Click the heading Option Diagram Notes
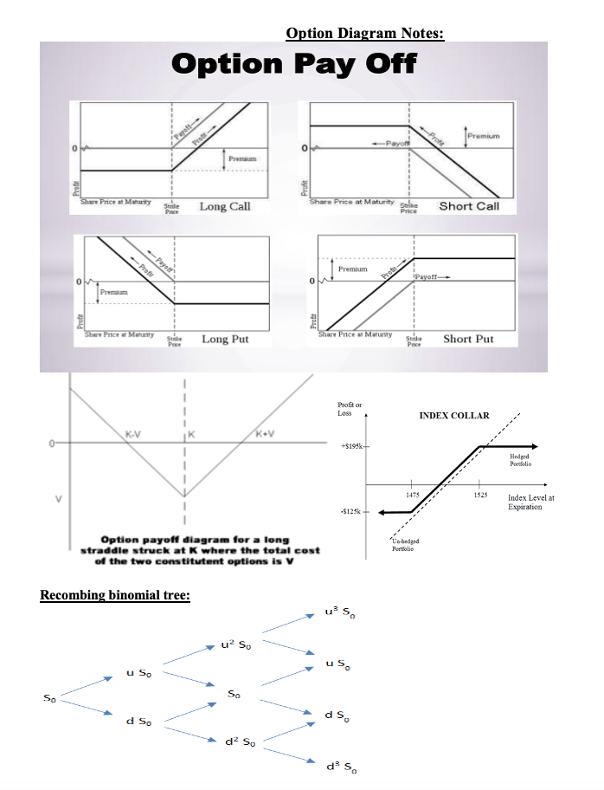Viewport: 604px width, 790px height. click(x=364, y=34)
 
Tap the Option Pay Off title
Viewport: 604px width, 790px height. click(x=294, y=64)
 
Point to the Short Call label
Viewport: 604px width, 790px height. click(x=469, y=206)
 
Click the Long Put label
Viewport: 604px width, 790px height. click(x=225, y=339)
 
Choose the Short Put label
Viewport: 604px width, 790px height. click(x=468, y=339)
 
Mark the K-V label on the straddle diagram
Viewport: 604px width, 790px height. click(x=135, y=433)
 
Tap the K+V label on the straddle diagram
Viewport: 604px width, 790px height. click(x=266, y=433)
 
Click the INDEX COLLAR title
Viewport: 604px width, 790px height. click(x=454, y=416)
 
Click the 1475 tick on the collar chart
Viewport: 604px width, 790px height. click(x=413, y=494)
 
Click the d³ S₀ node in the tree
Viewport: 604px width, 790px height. click(x=337, y=767)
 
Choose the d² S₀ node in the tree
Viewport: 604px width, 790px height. click(x=237, y=741)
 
